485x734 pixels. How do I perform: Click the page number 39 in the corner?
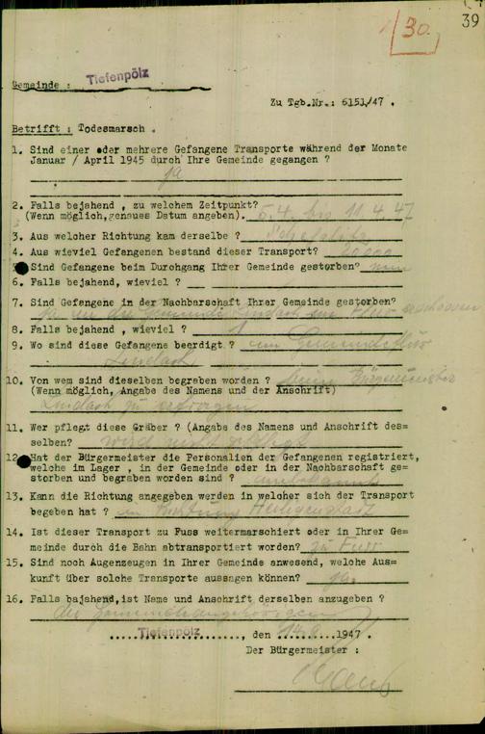click(x=469, y=21)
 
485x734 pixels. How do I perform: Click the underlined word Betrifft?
click(x=35, y=128)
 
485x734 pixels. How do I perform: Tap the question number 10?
click(x=19, y=380)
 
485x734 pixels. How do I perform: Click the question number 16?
click(x=19, y=598)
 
